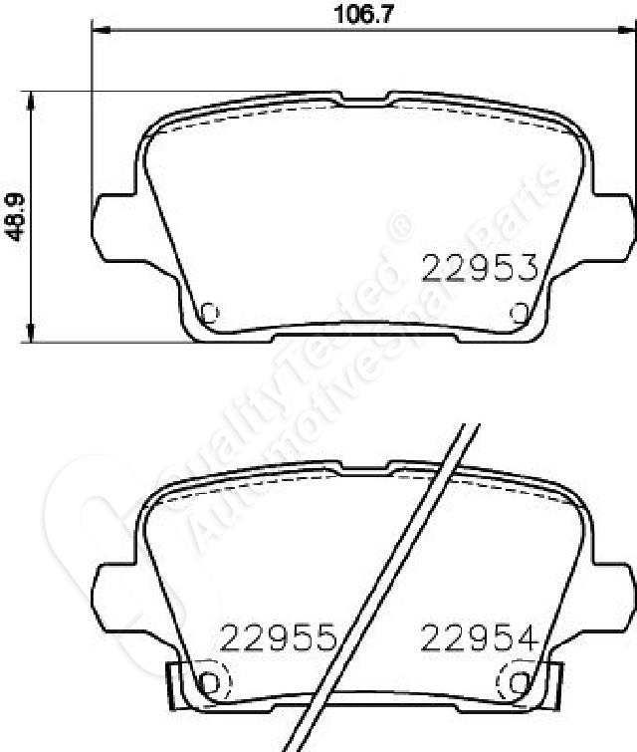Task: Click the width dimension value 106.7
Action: tap(363, 14)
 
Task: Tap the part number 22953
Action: tap(480, 268)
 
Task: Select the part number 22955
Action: tap(279, 637)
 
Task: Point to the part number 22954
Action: tap(479, 637)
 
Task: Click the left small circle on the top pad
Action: tap(209, 313)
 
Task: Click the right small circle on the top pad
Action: tap(520, 313)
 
